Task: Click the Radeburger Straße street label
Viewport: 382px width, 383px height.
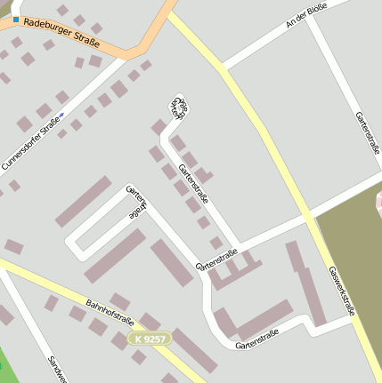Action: click(62, 33)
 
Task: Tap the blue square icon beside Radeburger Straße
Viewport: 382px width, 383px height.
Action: click(16, 20)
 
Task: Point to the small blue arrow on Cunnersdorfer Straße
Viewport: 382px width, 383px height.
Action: click(61, 115)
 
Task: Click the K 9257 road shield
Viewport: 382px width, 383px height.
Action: click(148, 339)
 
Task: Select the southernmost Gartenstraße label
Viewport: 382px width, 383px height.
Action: click(257, 339)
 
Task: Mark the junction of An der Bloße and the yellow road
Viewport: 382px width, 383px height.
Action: click(222, 68)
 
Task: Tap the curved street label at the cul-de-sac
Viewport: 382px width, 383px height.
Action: click(180, 106)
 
